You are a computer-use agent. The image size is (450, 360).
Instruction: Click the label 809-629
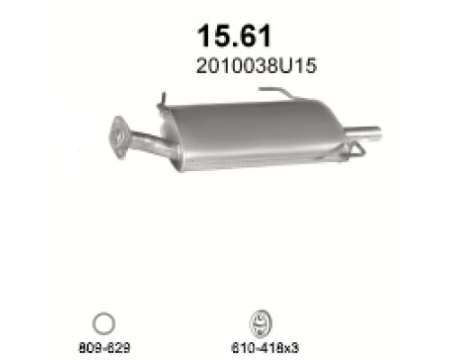pos(103,345)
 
